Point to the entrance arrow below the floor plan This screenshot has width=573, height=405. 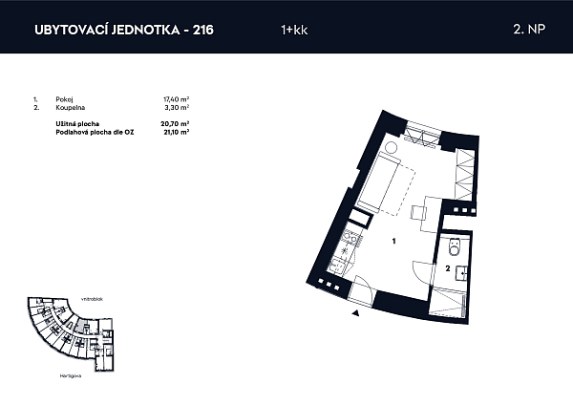coord(355,311)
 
